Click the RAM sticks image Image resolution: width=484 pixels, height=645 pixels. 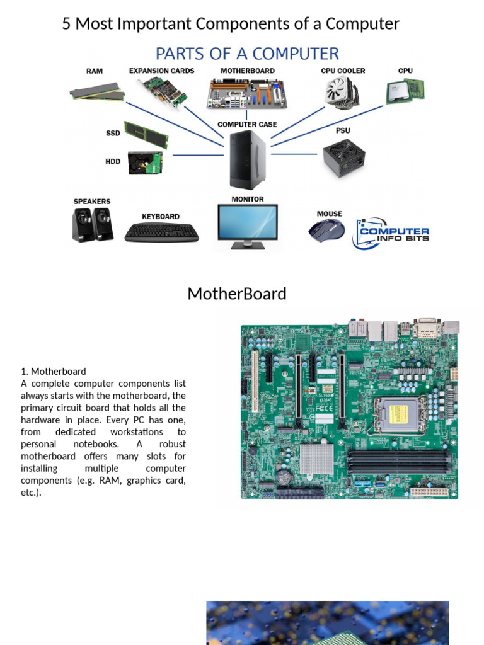point(96,91)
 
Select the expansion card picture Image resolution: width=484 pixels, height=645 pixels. point(163,91)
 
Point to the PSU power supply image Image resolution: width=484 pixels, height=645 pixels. point(343,158)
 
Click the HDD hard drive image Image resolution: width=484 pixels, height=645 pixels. point(145,163)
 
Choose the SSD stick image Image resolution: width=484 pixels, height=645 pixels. point(146,134)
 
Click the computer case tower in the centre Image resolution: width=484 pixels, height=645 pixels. point(247,160)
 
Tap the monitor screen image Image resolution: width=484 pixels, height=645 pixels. point(247,224)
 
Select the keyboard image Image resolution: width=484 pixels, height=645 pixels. point(161,232)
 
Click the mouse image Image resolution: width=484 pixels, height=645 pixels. point(326,229)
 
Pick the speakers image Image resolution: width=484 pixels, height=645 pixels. point(93,225)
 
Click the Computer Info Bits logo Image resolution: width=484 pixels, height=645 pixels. point(392,234)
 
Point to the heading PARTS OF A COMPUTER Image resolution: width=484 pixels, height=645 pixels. point(247,54)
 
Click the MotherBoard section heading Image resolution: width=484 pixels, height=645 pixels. point(237,294)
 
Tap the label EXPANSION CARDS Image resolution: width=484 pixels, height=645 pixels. point(162,71)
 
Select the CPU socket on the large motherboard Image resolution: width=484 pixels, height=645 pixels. point(398,414)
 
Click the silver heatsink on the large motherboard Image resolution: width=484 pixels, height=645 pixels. point(316,459)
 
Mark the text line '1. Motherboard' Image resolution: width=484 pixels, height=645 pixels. point(54,371)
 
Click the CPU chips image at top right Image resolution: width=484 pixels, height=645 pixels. point(405,92)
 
